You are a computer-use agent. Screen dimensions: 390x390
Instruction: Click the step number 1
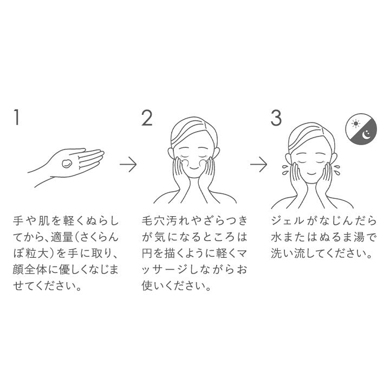[x=17, y=117]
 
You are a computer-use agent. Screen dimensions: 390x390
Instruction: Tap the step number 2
[x=147, y=118]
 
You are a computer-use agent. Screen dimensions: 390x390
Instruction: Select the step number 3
[x=276, y=118]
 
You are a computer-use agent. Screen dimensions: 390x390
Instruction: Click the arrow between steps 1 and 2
[x=128, y=164]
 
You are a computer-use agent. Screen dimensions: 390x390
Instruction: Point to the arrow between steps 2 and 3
[x=259, y=164]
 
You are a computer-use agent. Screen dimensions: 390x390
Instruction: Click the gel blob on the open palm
[x=67, y=164]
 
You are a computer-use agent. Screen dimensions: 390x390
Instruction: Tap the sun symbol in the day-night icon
[x=356, y=123]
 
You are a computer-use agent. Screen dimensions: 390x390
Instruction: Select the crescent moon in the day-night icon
[x=367, y=135]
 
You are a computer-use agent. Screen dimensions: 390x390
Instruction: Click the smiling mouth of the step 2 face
[x=194, y=168]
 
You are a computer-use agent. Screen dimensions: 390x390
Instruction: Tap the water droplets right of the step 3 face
[x=337, y=170]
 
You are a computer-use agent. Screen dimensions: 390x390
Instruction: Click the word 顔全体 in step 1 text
[x=29, y=270]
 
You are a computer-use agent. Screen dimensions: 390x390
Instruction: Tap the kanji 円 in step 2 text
[x=147, y=253]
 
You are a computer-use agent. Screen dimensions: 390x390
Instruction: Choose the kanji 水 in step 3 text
[x=276, y=237]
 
